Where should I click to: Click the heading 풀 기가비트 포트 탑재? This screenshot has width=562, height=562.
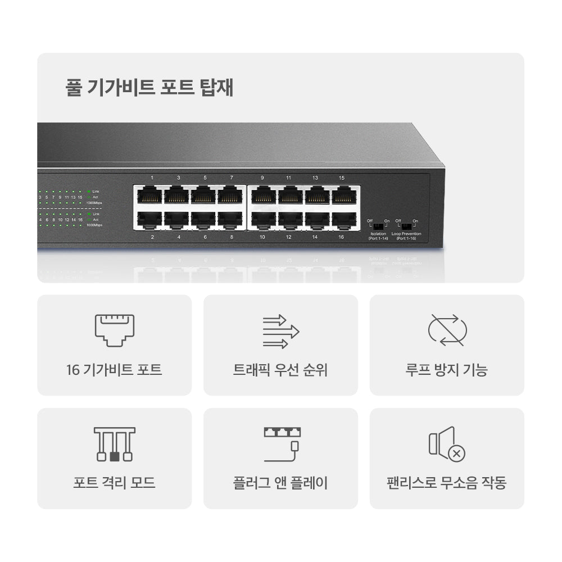click(149, 88)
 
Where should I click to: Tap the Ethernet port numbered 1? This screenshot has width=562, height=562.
click(150, 195)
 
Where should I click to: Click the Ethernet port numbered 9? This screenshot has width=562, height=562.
click(263, 195)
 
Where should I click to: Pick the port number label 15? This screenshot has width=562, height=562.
click(342, 178)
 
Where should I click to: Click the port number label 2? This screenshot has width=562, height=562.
click(152, 237)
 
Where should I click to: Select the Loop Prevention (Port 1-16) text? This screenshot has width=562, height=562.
click(406, 236)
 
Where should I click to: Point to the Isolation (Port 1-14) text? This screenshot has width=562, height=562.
click(378, 236)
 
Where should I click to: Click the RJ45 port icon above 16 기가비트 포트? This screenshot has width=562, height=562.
click(115, 330)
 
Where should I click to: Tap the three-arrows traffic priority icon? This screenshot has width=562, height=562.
click(281, 332)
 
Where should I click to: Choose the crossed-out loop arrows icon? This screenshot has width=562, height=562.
click(447, 330)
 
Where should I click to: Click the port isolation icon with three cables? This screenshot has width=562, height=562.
click(115, 444)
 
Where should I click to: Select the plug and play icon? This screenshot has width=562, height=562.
click(282, 443)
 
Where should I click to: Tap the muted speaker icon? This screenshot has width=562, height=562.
click(447, 444)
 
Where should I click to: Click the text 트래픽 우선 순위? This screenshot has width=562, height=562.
click(280, 370)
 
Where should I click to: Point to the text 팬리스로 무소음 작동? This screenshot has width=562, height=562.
click(447, 483)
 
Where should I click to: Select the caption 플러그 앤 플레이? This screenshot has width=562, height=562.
click(280, 483)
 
